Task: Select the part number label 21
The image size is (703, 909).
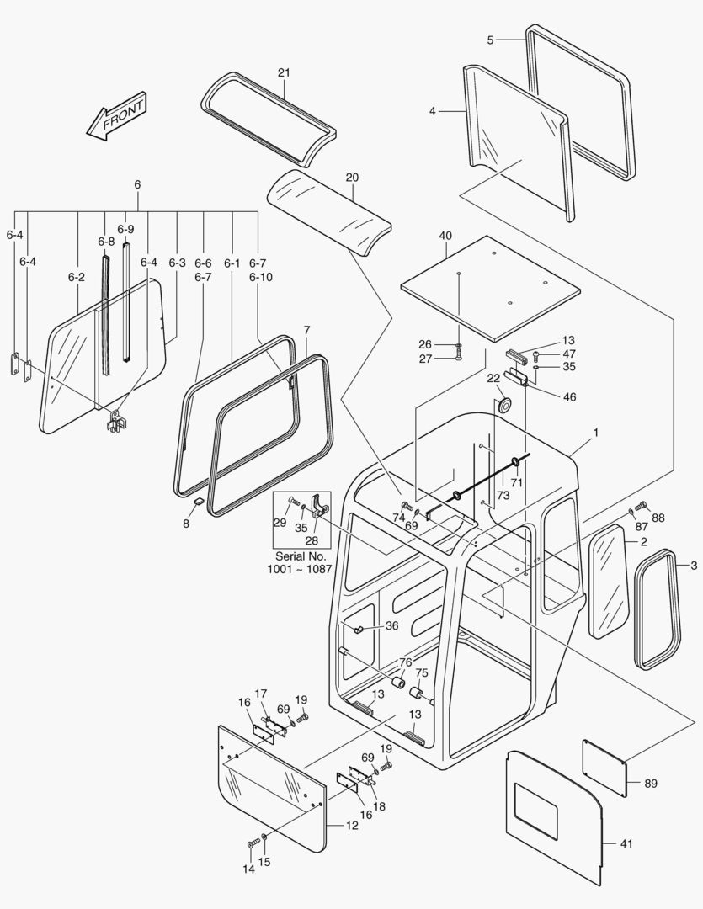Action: click(284, 72)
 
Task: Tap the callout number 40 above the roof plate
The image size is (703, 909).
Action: click(445, 236)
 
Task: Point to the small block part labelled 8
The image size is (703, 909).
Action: click(199, 502)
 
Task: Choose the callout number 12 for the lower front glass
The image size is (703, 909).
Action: click(352, 825)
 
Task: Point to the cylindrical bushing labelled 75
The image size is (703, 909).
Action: click(415, 693)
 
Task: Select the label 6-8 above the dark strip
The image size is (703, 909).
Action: click(105, 242)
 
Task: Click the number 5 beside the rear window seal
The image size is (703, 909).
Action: click(490, 40)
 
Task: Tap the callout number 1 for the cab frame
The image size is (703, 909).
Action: click(595, 433)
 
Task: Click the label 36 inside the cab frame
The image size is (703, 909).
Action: click(391, 625)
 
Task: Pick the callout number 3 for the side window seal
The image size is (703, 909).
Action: click(693, 566)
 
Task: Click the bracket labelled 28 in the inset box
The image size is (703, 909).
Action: click(319, 508)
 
